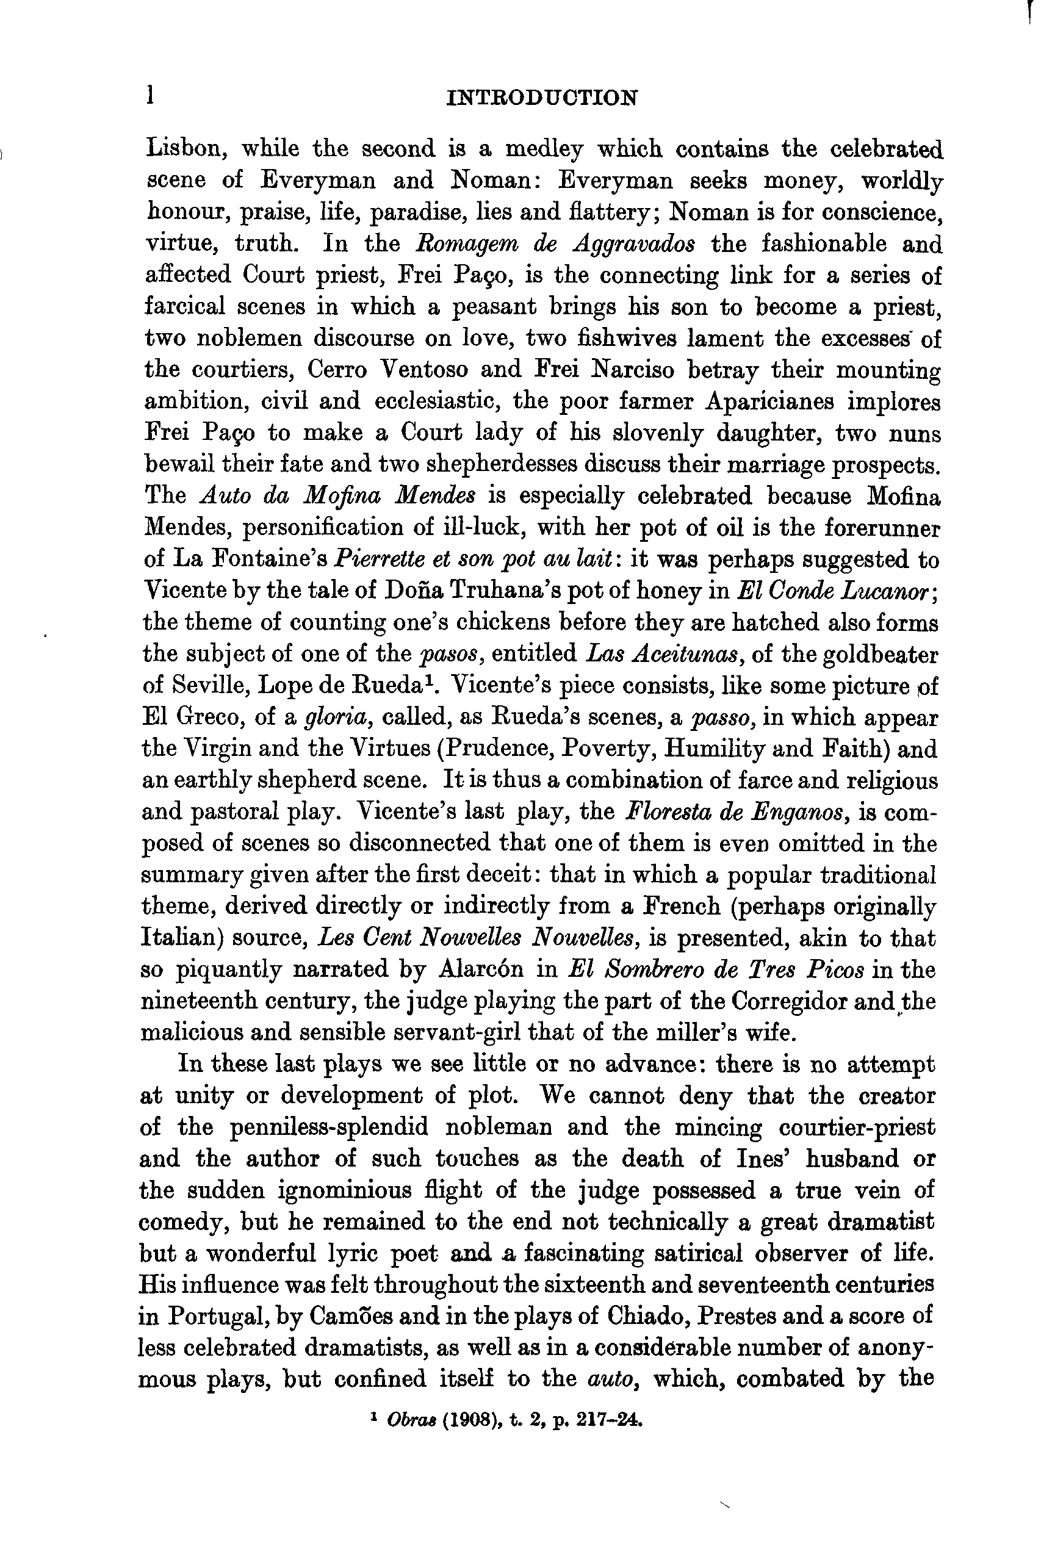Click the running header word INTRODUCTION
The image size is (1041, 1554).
pyautogui.click(x=542, y=98)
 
